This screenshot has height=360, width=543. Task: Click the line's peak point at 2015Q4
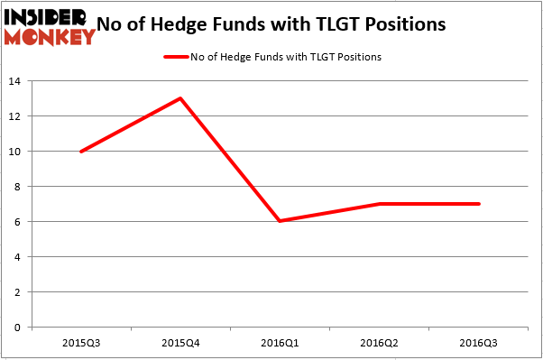pos(181,98)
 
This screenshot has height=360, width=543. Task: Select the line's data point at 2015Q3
pos(81,152)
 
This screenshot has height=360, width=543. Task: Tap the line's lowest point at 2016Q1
pos(281,221)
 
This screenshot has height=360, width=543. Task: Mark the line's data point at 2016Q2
pos(380,204)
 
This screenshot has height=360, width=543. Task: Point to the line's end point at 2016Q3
pos(479,204)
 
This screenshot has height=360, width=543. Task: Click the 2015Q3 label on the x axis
pos(81,344)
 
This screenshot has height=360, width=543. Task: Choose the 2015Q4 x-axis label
pos(181,344)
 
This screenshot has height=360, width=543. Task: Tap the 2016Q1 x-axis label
pos(281,344)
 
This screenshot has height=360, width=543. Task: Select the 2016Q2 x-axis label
pos(380,344)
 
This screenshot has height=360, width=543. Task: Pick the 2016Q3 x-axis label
pos(479,344)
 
